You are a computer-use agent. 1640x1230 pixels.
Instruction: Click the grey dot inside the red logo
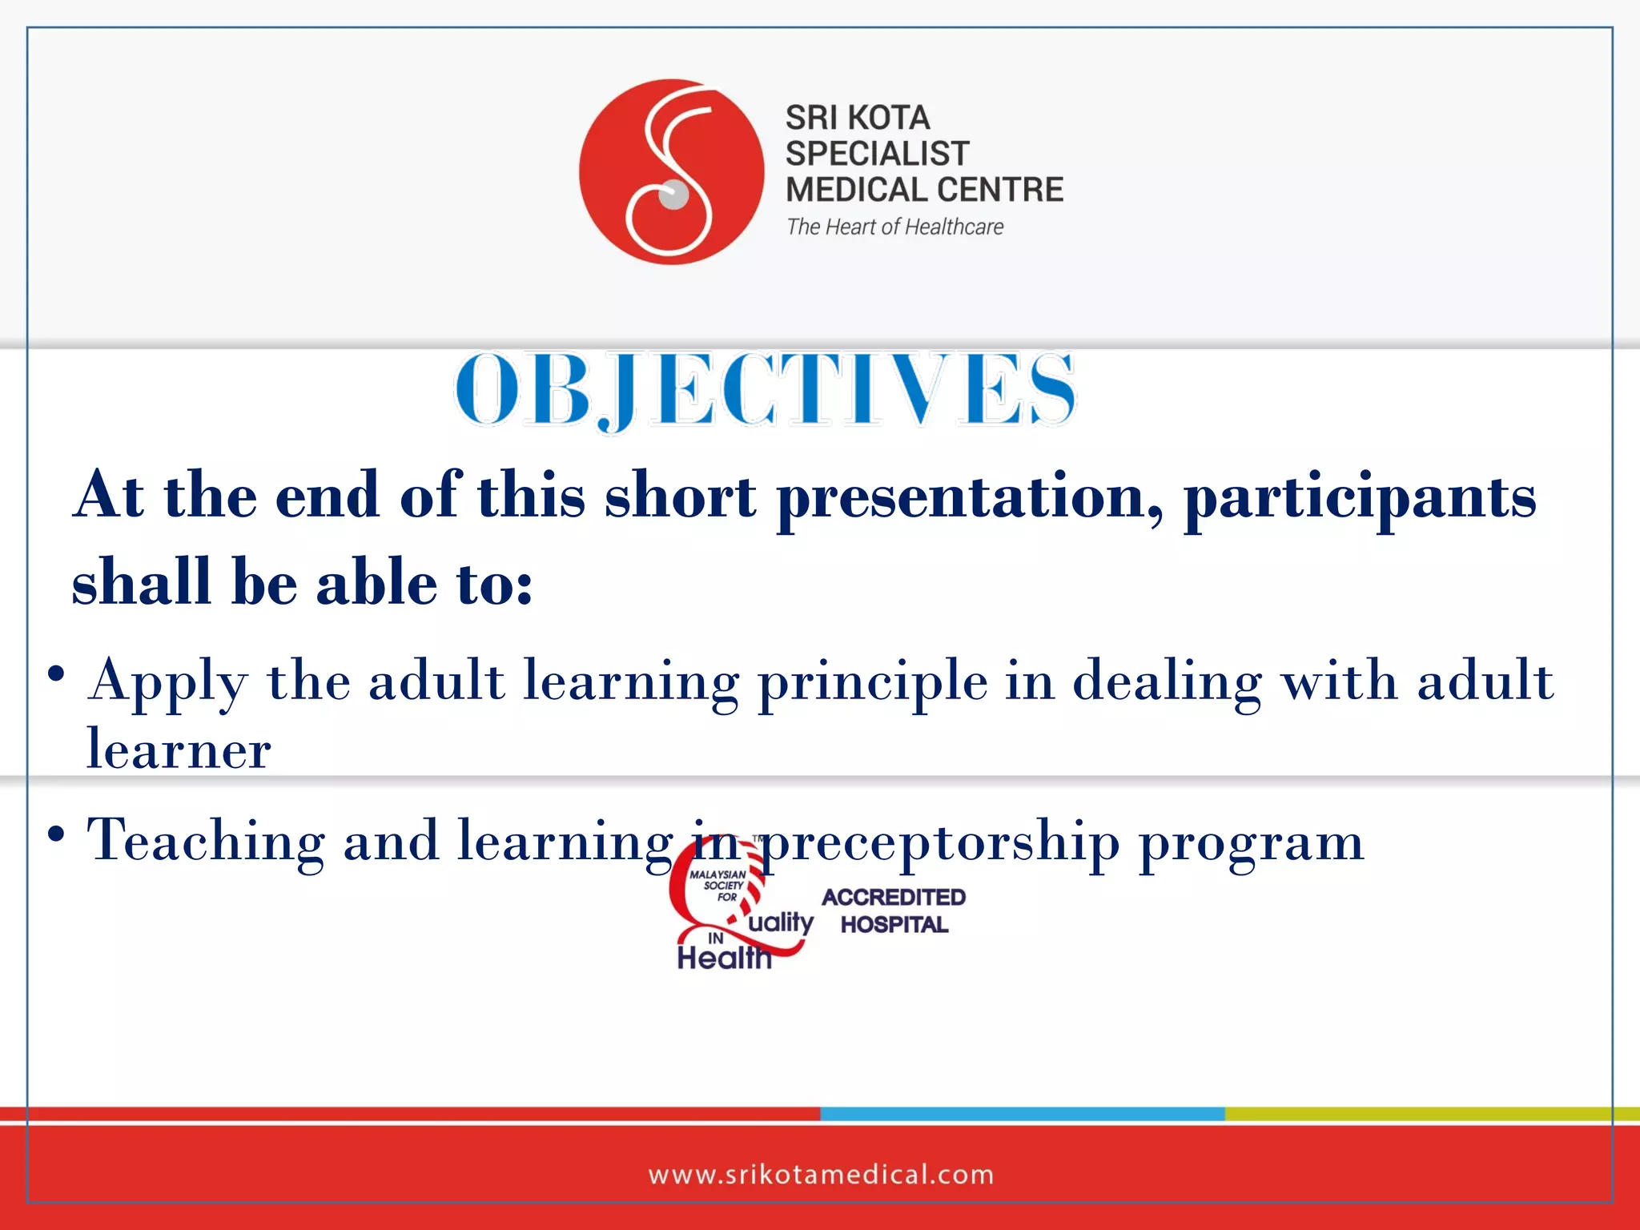pyautogui.click(x=673, y=195)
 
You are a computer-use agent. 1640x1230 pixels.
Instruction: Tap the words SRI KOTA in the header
pyautogui.click(x=857, y=118)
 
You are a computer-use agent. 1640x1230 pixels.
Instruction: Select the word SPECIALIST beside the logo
pyautogui.click(x=877, y=153)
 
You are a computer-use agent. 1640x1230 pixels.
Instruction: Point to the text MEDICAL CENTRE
pyautogui.click(x=924, y=190)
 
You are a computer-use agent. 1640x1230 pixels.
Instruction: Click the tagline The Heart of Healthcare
pyautogui.click(x=894, y=227)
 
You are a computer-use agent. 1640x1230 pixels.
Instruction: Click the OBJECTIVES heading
pyautogui.click(x=765, y=390)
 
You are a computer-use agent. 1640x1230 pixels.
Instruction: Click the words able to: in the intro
pyautogui.click(x=424, y=583)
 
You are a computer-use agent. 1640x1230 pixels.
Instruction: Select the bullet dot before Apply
pyautogui.click(x=55, y=673)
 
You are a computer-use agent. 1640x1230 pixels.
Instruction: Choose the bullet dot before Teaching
pyautogui.click(x=55, y=834)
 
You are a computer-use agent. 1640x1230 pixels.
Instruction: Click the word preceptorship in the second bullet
pyautogui.click(x=939, y=842)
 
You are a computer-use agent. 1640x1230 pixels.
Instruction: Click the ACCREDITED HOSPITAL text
pyautogui.click(x=894, y=910)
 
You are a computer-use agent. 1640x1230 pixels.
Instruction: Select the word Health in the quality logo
pyautogui.click(x=724, y=957)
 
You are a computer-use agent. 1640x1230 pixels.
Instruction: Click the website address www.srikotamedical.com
pyautogui.click(x=821, y=1175)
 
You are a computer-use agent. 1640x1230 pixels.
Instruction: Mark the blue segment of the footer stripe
pyautogui.click(x=1022, y=1114)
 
